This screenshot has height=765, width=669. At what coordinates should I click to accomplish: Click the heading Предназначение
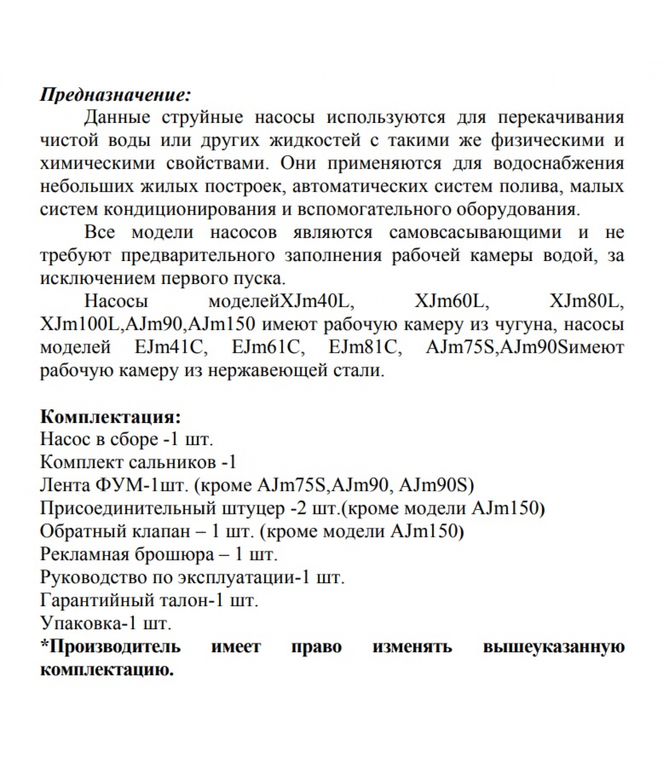click(115, 94)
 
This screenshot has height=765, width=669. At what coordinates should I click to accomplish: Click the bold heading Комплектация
click(110, 416)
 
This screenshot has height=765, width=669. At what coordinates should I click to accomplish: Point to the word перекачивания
click(561, 117)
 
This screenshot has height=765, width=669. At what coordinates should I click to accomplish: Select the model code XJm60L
click(452, 302)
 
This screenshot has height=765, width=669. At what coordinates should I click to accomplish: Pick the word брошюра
click(177, 555)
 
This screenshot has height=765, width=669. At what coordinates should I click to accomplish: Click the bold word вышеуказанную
click(553, 647)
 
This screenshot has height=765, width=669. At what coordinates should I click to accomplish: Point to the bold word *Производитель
click(110, 647)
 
